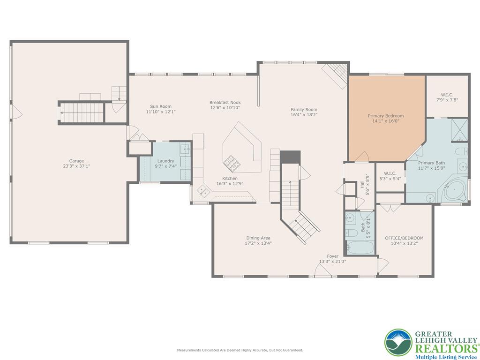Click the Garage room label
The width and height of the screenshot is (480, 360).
tap(76, 161)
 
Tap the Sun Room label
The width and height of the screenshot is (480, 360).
tap(161, 106)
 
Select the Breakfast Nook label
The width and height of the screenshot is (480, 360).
tap(225, 103)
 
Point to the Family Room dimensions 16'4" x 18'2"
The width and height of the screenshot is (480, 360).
tap(304, 115)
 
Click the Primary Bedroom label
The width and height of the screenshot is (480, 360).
tap(386, 116)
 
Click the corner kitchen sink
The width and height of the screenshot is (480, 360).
tap(203, 191)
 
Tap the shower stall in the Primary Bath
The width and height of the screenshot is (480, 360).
tap(459, 130)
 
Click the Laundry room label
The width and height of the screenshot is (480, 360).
tap(165, 161)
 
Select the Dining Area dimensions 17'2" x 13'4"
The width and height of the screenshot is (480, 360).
tap(258, 243)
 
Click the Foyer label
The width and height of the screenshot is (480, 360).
tap(333, 256)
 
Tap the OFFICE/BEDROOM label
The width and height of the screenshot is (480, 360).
tap(404, 238)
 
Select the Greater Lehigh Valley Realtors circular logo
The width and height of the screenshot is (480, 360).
tap(398, 342)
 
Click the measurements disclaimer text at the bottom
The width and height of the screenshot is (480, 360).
tap(240, 350)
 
